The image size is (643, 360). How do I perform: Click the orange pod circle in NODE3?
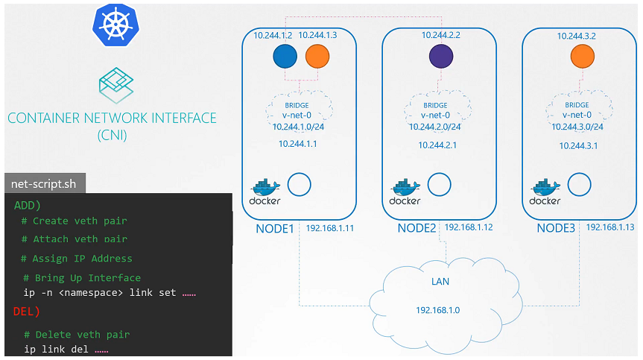pyautogui.click(x=582, y=57)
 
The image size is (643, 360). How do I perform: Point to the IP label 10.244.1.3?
pyautogui.click(x=317, y=35)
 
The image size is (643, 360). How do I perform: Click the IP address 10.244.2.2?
pyautogui.click(x=441, y=35)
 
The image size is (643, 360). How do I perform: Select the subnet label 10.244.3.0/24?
pyautogui.click(x=577, y=127)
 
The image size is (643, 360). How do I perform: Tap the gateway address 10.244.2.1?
pyautogui.click(x=437, y=145)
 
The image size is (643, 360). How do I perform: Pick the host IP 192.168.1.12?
pyautogui.click(x=468, y=227)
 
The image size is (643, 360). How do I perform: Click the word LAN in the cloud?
pyautogui.click(x=440, y=282)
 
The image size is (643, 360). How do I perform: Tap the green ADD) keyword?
pyautogui.click(x=28, y=203)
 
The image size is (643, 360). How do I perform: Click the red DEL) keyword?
pyautogui.click(x=27, y=311)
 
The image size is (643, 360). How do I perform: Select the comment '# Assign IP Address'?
pyautogui.click(x=77, y=259)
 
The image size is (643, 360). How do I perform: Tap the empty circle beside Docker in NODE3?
pyautogui.click(x=580, y=184)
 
